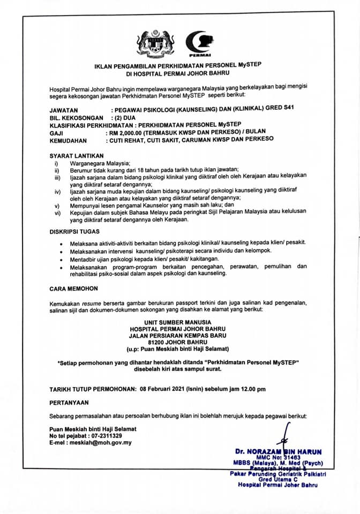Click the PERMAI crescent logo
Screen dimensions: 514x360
[x=199, y=43]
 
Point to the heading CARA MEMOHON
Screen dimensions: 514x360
[x=65, y=288]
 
